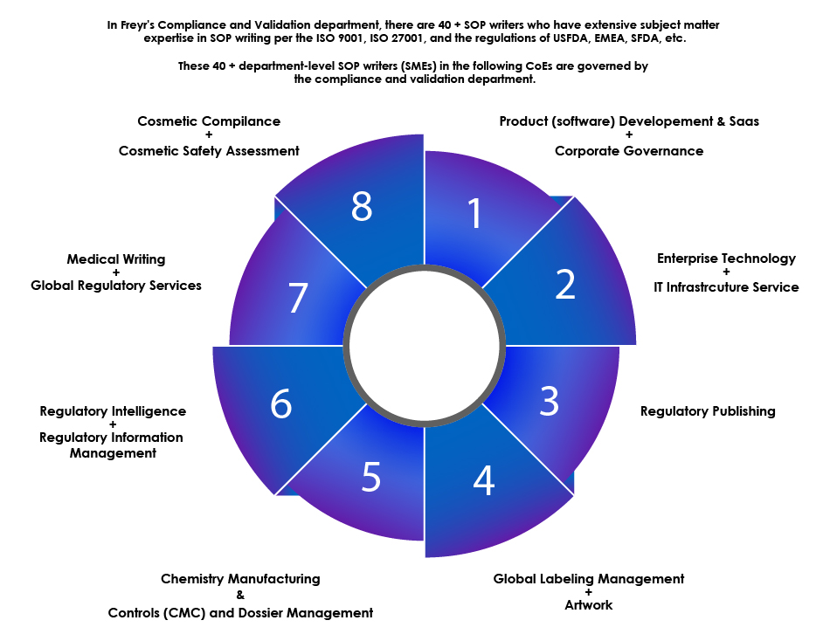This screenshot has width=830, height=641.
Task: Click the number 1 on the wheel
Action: pyautogui.click(x=474, y=214)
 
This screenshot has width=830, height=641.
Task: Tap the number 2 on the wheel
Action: pyautogui.click(x=565, y=284)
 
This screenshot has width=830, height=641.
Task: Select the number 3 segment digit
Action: pyautogui.click(x=549, y=400)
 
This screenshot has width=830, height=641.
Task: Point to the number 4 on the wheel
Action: pyautogui.click(x=483, y=479)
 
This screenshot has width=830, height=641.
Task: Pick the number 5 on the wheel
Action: pyautogui.click(x=371, y=477)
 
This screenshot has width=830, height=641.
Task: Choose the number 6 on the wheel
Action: pyautogui.click(x=280, y=405)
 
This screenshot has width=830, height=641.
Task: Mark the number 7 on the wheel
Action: pyautogui.click(x=298, y=299)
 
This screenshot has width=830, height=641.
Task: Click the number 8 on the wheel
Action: pyautogui.click(x=362, y=207)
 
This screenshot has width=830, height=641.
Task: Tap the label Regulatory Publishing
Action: pyautogui.click(x=708, y=411)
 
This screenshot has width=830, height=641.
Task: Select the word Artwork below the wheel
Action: pyautogui.click(x=589, y=605)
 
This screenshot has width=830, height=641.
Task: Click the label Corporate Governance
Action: pyautogui.click(x=629, y=151)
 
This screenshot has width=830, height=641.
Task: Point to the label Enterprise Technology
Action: pyautogui.click(x=726, y=258)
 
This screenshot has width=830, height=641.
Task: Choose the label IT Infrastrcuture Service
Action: pyautogui.click(x=726, y=287)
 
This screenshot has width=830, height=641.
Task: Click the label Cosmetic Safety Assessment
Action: pyautogui.click(x=209, y=151)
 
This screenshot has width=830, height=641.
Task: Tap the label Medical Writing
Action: pyautogui.click(x=116, y=259)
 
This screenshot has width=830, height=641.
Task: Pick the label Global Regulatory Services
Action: pyautogui.click(x=116, y=286)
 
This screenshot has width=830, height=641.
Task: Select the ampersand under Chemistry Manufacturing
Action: pyautogui.click(x=240, y=596)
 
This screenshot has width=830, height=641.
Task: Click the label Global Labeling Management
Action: pyautogui.click(x=589, y=579)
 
